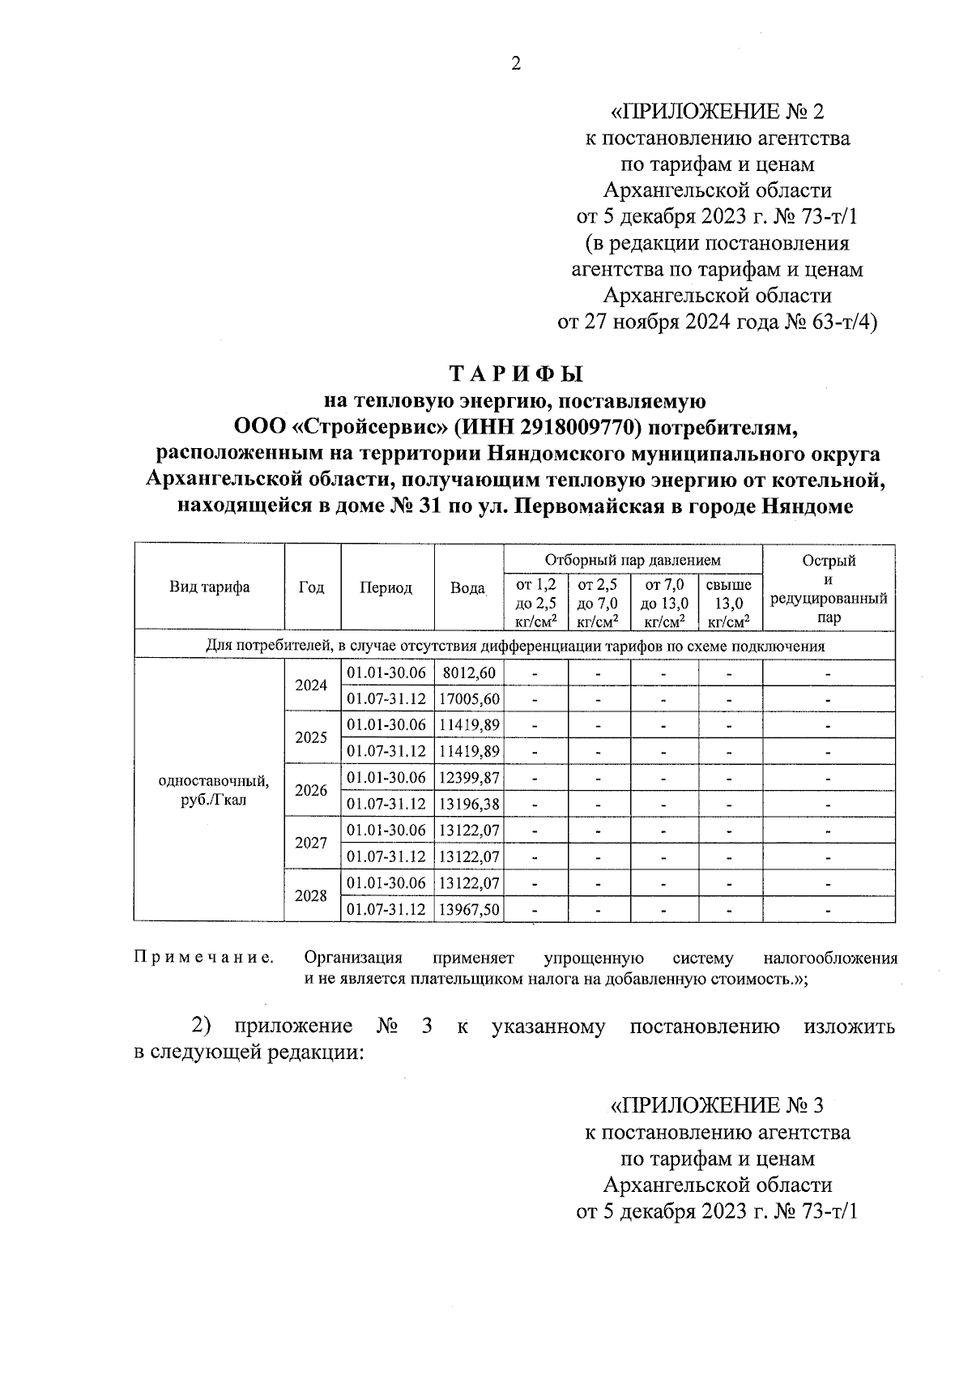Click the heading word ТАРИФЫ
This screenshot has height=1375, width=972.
coord(516,374)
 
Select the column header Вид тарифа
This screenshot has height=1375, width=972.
coord(209,587)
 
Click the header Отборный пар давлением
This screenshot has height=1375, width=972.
coord(632,560)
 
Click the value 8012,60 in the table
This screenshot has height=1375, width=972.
coord(469,673)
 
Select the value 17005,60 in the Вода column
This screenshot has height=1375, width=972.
coord(469,698)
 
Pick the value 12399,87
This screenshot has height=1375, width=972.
coord(469,777)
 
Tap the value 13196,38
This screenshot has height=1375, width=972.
coord(469,804)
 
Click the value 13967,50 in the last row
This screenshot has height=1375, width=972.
coord(469,909)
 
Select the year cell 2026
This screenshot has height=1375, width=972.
coord(311,790)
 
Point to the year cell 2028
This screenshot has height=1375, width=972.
coord(311,895)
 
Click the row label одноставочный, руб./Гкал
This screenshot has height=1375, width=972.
coord(214,791)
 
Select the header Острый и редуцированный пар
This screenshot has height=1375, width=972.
coord(828,588)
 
